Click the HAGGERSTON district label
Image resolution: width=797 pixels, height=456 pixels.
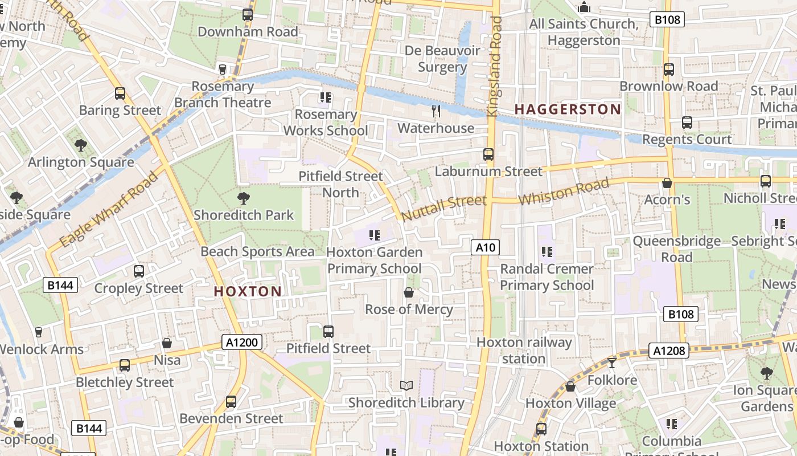click(x=568, y=109)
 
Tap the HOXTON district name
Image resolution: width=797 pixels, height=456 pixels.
click(x=248, y=291)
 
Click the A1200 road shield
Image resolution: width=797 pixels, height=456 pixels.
click(x=243, y=342)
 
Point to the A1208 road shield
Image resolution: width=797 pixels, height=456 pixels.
click(x=669, y=351)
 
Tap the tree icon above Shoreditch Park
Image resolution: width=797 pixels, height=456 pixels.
click(x=244, y=198)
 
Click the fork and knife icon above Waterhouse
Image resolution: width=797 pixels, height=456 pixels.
click(x=436, y=111)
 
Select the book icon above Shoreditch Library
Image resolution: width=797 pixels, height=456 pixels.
click(x=406, y=386)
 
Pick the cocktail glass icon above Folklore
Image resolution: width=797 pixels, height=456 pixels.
click(x=612, y=363)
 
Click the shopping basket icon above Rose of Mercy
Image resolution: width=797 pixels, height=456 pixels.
click(x=409, y=293)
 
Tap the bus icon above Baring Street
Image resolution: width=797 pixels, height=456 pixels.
click(x=120, y=93)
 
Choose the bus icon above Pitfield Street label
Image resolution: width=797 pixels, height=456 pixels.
click(x=328, y=331)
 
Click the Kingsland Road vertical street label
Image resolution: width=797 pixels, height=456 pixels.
click(x=494, y=67)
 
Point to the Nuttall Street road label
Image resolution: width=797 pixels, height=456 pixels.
click(x=444, y=207)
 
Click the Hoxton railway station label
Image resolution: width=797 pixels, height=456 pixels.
click(x=524, y=351)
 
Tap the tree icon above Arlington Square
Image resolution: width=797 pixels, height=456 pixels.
click(x=81, y=145)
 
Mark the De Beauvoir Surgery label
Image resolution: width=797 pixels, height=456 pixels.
click(x=442, y=59)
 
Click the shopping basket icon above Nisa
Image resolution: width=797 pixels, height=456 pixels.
click(x=167, y=343)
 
